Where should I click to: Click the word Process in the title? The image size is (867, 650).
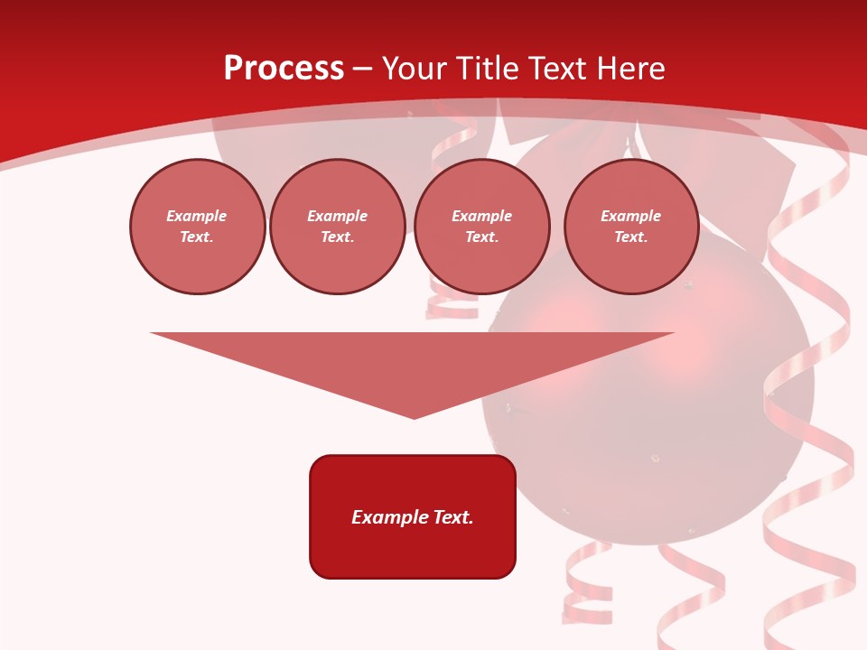pos(284,69)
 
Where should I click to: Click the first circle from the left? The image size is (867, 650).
pos(198,227)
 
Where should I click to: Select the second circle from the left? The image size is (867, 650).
pos(338,227)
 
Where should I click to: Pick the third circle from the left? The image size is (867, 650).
pos(481,227)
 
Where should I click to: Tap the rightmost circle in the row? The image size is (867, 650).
pos(631,227)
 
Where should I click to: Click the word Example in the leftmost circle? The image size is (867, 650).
pos(197,217)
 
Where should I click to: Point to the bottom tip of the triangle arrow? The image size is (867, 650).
pos(414,417)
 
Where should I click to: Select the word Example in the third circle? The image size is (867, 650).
pos(481,217)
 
